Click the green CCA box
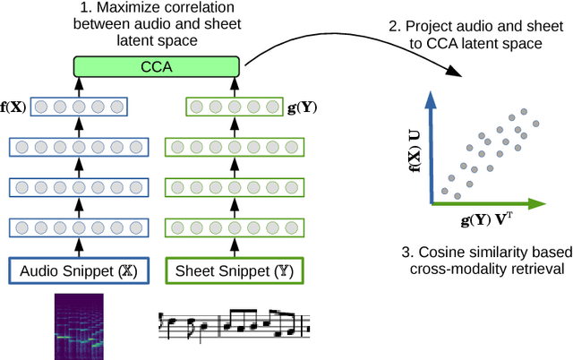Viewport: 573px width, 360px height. click(156, 65)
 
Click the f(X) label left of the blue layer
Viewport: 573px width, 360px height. click(14, 107)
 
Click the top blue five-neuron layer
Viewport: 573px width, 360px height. click(79, 107)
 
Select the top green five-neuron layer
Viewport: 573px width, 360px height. click(235, 107)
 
